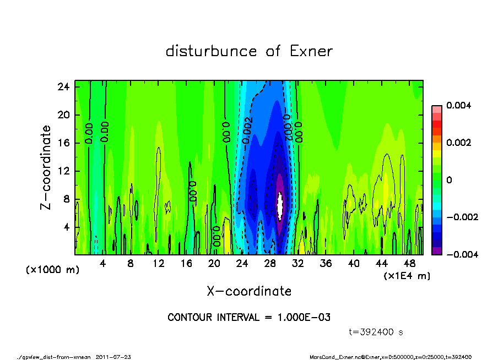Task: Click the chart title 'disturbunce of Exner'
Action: tap(249, 52)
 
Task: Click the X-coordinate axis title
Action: tap(249, 291)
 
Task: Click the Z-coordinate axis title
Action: tap(46, 167)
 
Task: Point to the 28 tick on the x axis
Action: tap(270, 264)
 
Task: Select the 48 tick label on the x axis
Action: tap(409, 264)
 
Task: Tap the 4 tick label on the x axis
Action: tap(102, 264)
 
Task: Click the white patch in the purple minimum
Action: tap(279, 205)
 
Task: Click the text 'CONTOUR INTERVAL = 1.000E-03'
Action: tap(249, 318)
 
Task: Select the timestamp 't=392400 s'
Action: tap(376, 332)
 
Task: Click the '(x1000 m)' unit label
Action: tap(47, 270)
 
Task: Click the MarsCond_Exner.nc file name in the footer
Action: tap(335, 357)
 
